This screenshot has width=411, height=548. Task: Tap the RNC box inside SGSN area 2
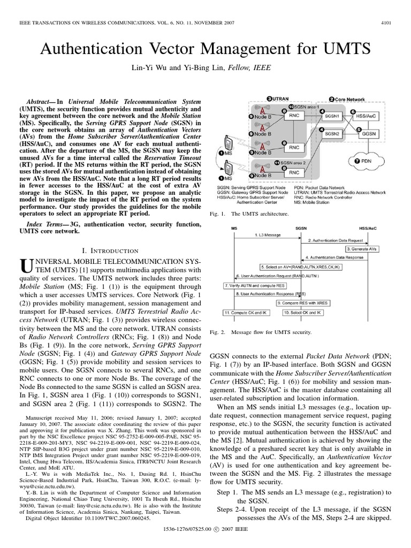point(294,173)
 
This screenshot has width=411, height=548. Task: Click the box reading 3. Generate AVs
point(363,249)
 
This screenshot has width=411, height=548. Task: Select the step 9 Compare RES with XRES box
point(302,303)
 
